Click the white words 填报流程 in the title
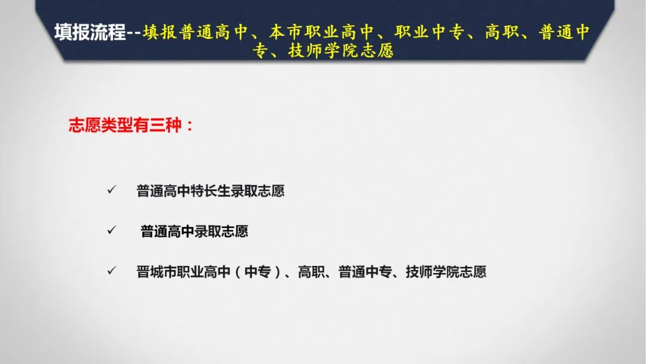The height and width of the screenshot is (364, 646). pyautogui.click(x=90, y=32)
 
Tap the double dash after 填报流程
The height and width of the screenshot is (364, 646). pyautogui.click(x=134, y=33)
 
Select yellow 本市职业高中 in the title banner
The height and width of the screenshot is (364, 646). pyautogui.click(x=321, y=32)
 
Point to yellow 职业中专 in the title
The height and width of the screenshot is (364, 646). pyautogui.click(x=429, y=32)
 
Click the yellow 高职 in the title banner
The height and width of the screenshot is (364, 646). pyautogui.click(x=502, y=32)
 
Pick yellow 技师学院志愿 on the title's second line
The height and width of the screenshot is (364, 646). pyautogui.click(x=341, y=51)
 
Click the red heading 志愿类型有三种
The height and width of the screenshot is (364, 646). pyautogui.click(x=125, y=125)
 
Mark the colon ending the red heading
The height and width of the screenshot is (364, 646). pyautogui.click(x=190, y=126)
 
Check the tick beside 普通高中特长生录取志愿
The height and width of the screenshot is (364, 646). pyautogui.click(x=112, y=190)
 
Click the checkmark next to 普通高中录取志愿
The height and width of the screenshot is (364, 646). pyautogui.click(x=112, y=230)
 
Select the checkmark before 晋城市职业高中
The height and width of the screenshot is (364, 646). pyautogui.click(x=112, y=271)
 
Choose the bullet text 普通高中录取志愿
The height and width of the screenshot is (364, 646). pyautogui.click(x=194, y=231)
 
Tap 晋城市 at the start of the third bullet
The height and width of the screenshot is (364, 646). pyautogui.click(x=157, y=272)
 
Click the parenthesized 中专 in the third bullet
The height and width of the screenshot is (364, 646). pyautogui.click(x=257, y=272)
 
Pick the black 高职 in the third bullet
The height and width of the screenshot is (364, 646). pyautogui.click(x=312, y=272)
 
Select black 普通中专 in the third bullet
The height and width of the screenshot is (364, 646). pyautogui.click(x=365, y=272)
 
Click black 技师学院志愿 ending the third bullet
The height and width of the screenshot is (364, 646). pyautogui.click(x=446, y=272)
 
